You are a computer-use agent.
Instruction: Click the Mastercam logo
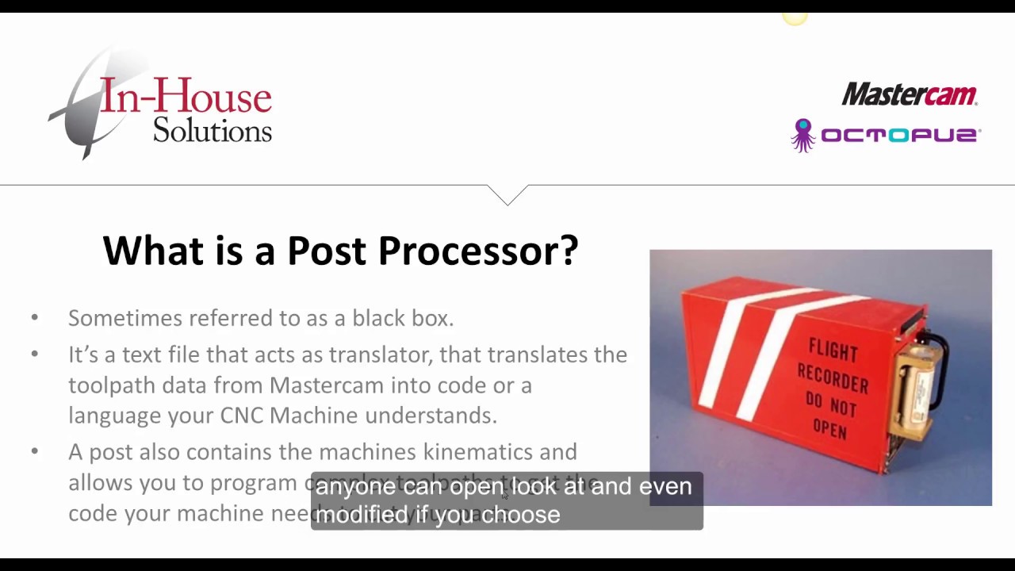pyautogui.click(x=909, y=94)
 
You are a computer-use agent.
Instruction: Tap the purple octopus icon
pyautogui.click(x=803, y=135)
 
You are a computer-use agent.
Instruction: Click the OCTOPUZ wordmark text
pyautogui.click(x=900, y=136)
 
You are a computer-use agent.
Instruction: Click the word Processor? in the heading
pyautogui.click(x=477, y=251)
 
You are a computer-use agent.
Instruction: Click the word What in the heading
pyautogui.click(x=153, y=251)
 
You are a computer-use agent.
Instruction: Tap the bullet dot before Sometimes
pyautogui.click(x=34, y=318)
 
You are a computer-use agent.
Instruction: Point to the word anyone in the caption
pyautogui.click(x=355, y=487)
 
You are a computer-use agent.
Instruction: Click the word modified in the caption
pyautogui.click(x=362, y=515)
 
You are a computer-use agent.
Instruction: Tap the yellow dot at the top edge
pyautogui.click(x=794, y=17)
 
